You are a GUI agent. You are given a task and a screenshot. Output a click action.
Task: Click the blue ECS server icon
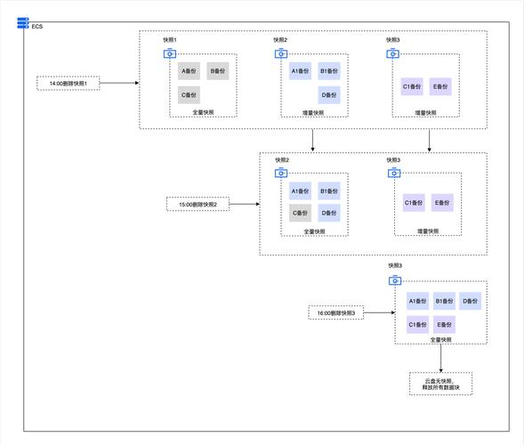(23, 23)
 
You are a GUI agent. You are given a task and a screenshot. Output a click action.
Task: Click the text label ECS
(37, 27)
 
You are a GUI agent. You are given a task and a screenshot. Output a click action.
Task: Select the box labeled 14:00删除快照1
(69, 84)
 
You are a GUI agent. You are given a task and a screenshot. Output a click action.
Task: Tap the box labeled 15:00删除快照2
(198, 205)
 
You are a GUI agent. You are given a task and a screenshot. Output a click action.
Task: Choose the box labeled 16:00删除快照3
(336, 313)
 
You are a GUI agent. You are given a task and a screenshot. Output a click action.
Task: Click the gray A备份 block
(189, 71)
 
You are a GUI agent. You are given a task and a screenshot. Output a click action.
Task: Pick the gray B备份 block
(218, 71)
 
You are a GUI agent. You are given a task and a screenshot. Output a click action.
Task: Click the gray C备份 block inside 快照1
(189, 95)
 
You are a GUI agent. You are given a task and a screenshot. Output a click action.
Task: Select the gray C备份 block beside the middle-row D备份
(300, 213)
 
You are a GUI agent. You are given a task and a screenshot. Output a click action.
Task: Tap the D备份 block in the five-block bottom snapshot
(470, 301)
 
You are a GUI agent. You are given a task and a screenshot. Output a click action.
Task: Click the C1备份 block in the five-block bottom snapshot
(418, 324)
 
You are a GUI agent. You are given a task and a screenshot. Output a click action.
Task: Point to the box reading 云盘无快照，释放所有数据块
(440, 384)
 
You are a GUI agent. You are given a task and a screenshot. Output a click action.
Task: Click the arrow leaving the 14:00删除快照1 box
(119, 83)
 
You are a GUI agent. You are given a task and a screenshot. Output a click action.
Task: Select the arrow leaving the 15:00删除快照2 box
(245, 204)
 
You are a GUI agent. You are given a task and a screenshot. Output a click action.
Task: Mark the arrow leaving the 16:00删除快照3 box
(379, 312)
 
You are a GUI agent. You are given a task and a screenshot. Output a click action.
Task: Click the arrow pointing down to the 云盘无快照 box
(440, 358)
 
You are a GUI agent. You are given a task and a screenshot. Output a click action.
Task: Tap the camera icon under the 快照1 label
(170, 53)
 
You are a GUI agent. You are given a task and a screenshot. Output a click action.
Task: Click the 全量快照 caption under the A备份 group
(203, 112)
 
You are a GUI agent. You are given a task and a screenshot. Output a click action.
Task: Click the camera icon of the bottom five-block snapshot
(395, 280)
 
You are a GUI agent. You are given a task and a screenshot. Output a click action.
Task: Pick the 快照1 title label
(170, 40)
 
